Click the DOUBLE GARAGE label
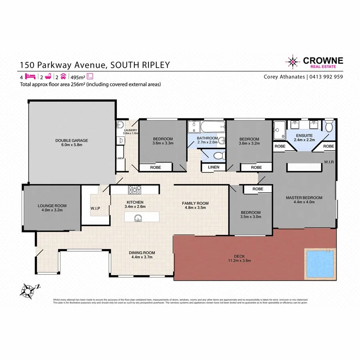coord(72,140)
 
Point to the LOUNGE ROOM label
coord(52,206)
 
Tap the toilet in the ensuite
coord(329,126)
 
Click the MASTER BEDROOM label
coord(304,198)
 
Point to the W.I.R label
coord(329,162)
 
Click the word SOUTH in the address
coord(124,65)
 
